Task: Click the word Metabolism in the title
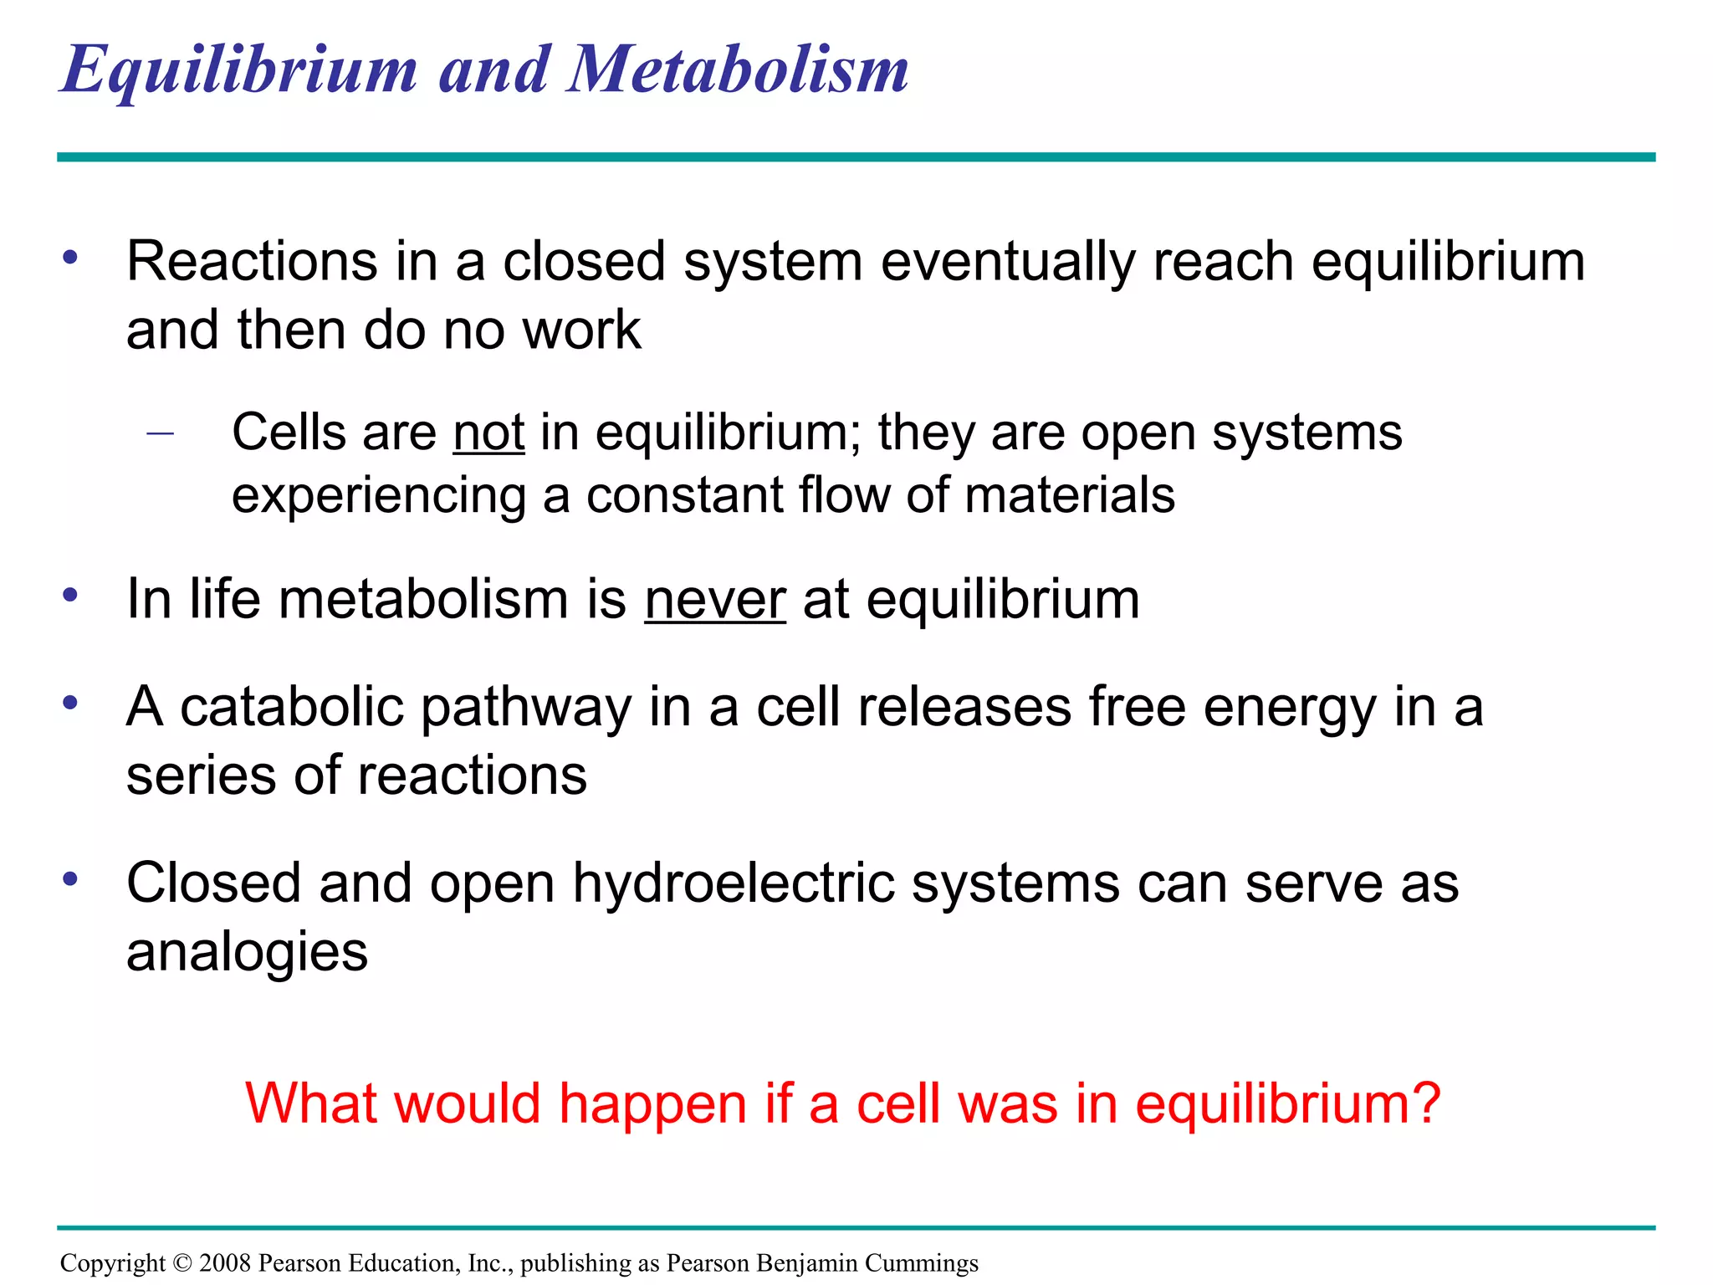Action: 738,69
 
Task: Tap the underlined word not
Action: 488,433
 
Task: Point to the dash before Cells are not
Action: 159,433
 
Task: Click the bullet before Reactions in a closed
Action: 70,256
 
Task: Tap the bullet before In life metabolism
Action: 70,595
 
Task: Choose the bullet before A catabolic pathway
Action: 70,702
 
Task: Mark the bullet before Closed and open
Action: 70,878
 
